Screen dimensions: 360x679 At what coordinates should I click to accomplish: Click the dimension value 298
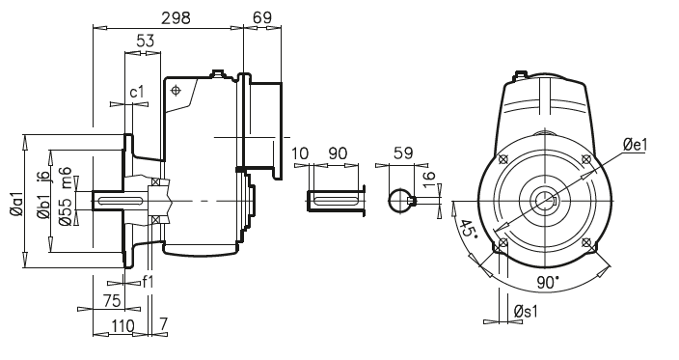tap(176, 18)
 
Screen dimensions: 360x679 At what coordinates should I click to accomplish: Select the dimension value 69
tap(260, 18)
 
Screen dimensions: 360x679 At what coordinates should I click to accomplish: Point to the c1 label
tap(137, 93)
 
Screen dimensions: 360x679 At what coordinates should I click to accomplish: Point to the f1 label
tap(148, 282)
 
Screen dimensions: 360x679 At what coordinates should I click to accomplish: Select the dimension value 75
tap(113, 301)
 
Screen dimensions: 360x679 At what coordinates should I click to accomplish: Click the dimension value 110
tap(122, 326)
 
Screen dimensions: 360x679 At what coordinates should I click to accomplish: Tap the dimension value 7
tap(165, 326)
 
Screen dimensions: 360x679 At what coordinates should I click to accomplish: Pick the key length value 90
tap(339, 153)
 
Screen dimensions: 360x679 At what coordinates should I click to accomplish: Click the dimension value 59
tap(403, 152)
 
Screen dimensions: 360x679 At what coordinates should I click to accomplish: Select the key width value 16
tap(429, 180)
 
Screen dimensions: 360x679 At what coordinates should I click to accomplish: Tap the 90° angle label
tap(546, 283)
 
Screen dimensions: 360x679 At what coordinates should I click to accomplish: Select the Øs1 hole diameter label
tap(527, 312)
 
